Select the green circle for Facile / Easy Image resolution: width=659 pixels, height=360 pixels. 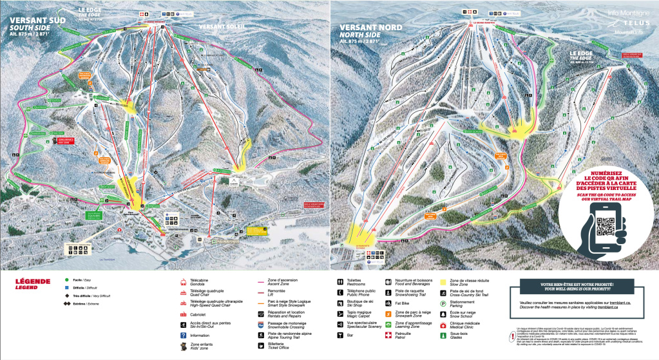[67, 281]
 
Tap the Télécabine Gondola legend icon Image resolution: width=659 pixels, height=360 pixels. [183, 281]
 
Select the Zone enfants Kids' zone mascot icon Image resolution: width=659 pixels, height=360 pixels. [183, 346]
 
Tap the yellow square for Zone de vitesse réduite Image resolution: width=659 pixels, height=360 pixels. [444, 281]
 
